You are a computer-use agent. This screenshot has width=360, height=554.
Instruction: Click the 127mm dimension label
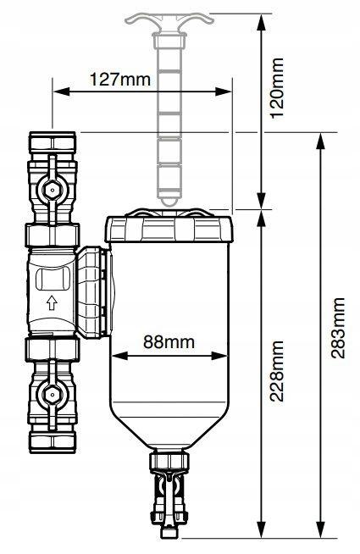coord(120,80)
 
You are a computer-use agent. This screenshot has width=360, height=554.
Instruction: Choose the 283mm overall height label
coord(339,328)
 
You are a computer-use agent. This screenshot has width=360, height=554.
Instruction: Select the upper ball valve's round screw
coord(52,191)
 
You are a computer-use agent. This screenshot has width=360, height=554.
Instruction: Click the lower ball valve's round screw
coord(52,395)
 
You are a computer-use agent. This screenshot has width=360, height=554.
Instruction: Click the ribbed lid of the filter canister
coord(169,226)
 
